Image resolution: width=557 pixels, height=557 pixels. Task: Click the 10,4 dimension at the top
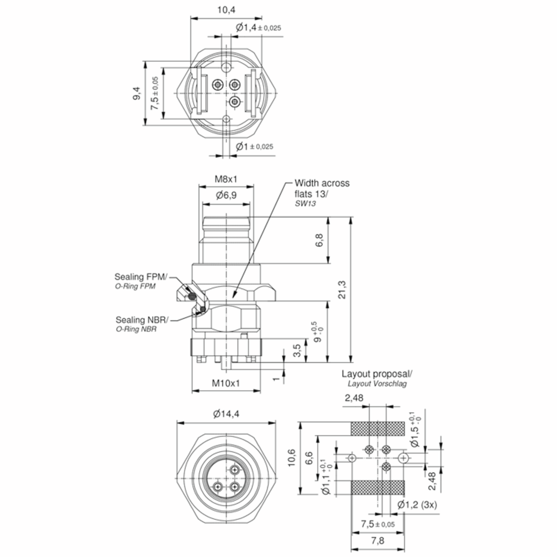pyautogui.click(x=226, y=10)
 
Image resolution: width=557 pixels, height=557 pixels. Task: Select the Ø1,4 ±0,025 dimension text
pyautogui.click(x=258, y=28)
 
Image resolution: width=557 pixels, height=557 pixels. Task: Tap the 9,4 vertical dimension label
pyautogui.click(x=137, y=93)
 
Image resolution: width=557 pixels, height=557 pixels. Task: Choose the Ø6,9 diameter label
pyautogui.click(x=226, y=195)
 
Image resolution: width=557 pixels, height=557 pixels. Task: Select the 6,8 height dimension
pyautogui.click(x=319, y=240)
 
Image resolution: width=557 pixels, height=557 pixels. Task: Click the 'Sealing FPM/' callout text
pyautogui.click(x=141, y=277)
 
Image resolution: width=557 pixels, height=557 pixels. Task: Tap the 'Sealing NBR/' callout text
pyautogui.click(x=142, y=320)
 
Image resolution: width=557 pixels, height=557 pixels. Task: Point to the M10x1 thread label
pyautogui.click(x=226, y=383)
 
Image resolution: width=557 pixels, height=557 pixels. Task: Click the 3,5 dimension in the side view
pyautogui.click(x=297, y=350)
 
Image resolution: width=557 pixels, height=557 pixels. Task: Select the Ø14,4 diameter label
pyautogui.click(x=226, y=414)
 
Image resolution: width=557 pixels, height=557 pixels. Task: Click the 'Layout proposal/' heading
pyautogui.click(x=377, y=374)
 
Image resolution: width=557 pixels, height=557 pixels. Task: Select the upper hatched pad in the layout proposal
pyautogui.click(x=377, y=428)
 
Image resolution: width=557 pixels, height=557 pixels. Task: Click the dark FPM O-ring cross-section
pyautogui.click(x=192, y=296)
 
